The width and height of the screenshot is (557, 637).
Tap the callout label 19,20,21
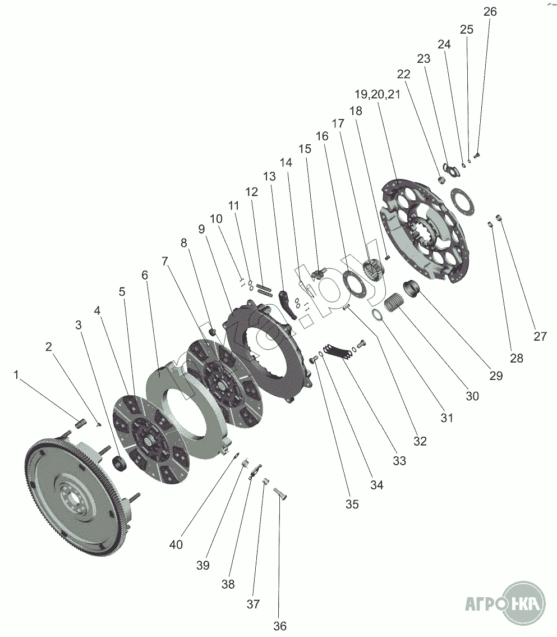click(x=378, y=94)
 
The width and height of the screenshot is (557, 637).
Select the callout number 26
click(x=490, y=12)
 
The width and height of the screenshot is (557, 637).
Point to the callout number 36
click(x=279, y=626)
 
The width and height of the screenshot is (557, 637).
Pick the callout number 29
click(x=495, y=375)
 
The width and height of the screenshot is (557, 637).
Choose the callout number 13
click(x=269, y=176)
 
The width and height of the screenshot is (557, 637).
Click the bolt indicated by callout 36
click(x=281, y=495)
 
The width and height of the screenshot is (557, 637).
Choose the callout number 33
click(x=399, y=461)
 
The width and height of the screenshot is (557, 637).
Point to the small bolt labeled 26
click(x=477, y=155)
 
